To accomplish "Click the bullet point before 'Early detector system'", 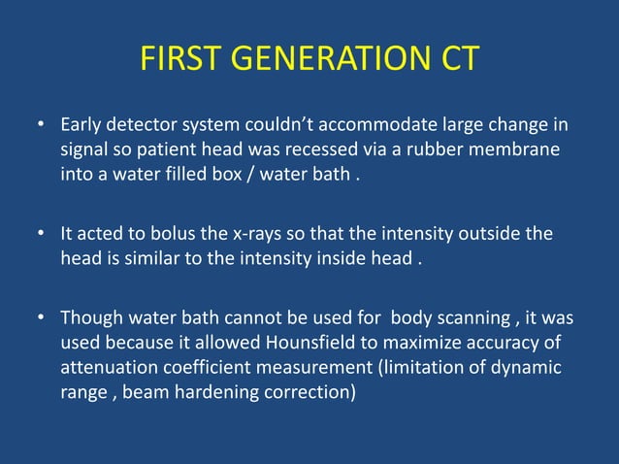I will (x=41, y=126).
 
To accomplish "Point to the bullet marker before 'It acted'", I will (x=41, y=235).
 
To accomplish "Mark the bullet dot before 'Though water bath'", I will (x=41, y=318).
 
